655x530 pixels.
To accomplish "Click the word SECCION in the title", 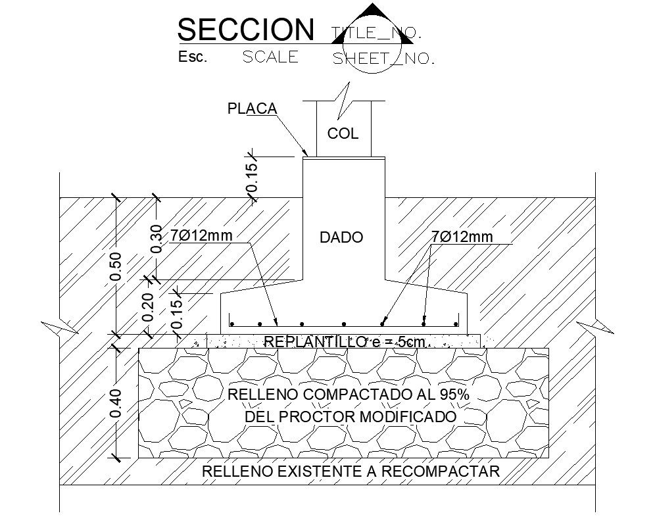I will tap(246, 30).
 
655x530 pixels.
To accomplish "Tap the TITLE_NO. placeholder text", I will tap(376, 32).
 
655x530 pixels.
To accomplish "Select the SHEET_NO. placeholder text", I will tap(384, 59).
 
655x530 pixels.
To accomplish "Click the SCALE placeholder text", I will tap(270, 57).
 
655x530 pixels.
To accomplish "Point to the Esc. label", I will tap(193, 57).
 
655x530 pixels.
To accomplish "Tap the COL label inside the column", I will tap(343, 134).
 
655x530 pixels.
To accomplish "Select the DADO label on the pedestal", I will tap(341, 237).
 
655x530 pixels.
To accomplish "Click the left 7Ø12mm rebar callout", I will tap(203, 235).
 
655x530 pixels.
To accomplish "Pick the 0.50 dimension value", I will tap(116, 266).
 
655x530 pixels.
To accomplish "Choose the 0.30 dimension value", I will tap(156, 238).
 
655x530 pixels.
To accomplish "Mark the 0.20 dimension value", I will tap(148, 307).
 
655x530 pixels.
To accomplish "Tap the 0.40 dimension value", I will tap(116, 403).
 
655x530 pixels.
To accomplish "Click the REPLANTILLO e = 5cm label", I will tap(345, 341).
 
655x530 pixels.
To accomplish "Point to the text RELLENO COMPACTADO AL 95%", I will tap(348, 395).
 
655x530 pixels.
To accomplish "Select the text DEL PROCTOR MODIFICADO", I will tap(351, 417).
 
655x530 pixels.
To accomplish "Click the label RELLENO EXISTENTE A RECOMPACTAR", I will tap(351, 471).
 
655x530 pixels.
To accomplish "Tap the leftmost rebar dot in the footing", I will tap(232, 324).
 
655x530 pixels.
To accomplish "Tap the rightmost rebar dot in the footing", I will tap(455, 324).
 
